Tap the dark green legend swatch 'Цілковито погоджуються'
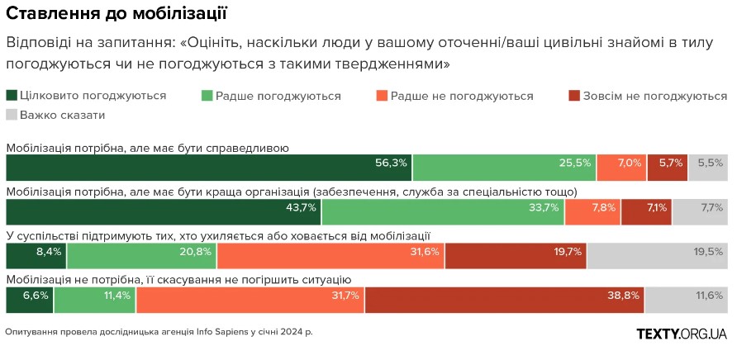pyautogui.click(x=11, y=96)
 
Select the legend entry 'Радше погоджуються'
pyautogui.click(x=271, y=96)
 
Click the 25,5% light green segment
pyautogui.click(x=504, y=168)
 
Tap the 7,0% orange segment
pyautogui.click(x=621, y=168)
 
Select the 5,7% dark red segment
pyautogui.click(x=667, y=168)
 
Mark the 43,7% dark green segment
pyautogui.click(x=163, y=212)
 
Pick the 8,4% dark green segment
pyautogui.click(x=36, y=256)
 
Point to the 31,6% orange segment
pyautogui.click(x=330, y=256)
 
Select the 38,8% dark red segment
pyautogui.click(x=505, y=301)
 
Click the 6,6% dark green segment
pyautogui.click(x=29, y=301)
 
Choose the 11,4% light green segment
pyautogui.click(x=95, y=301)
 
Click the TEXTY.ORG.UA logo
pyautogui.click(x=682, y=334)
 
